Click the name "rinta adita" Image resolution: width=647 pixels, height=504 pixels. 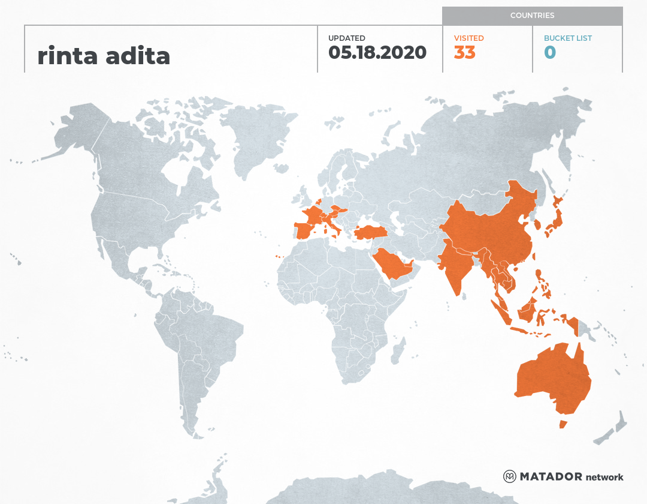click(104, 56)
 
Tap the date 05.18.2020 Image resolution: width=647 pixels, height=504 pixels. click(377, 53)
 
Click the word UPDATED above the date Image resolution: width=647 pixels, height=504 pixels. click(346, 38)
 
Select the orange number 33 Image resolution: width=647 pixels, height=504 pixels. click(464, 53)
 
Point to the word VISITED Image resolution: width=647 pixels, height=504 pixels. click(468, 38)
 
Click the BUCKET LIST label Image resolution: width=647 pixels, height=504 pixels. click(567, 38)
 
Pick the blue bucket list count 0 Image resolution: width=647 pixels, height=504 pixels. click(550, 53)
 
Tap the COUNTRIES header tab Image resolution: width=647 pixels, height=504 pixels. click(532, 16)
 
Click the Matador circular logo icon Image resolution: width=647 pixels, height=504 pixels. click(509, 476)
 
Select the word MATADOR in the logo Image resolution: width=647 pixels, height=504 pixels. click(551, 476)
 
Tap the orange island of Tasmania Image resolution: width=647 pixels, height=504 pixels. click(563, 424)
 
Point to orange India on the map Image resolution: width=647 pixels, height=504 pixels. click(455, 264)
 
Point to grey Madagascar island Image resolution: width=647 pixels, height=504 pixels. click(398, 351)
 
